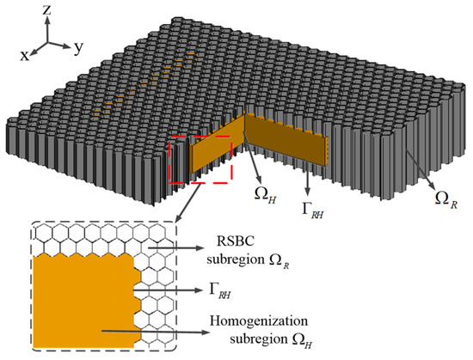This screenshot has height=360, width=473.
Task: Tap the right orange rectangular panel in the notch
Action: pos(288,146)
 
